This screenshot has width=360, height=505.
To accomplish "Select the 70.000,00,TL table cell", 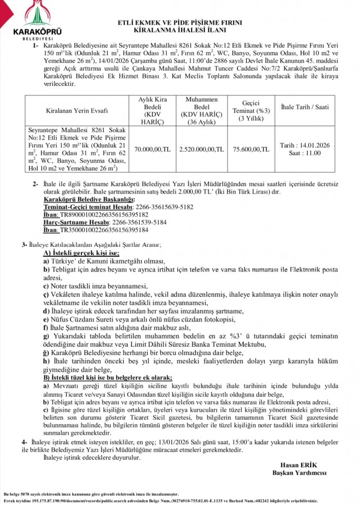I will (x=152, y=150).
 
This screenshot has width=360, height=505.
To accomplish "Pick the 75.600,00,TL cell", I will (x=250, y=150).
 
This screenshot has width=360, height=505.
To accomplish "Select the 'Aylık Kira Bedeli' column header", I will (x=153, y=107).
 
